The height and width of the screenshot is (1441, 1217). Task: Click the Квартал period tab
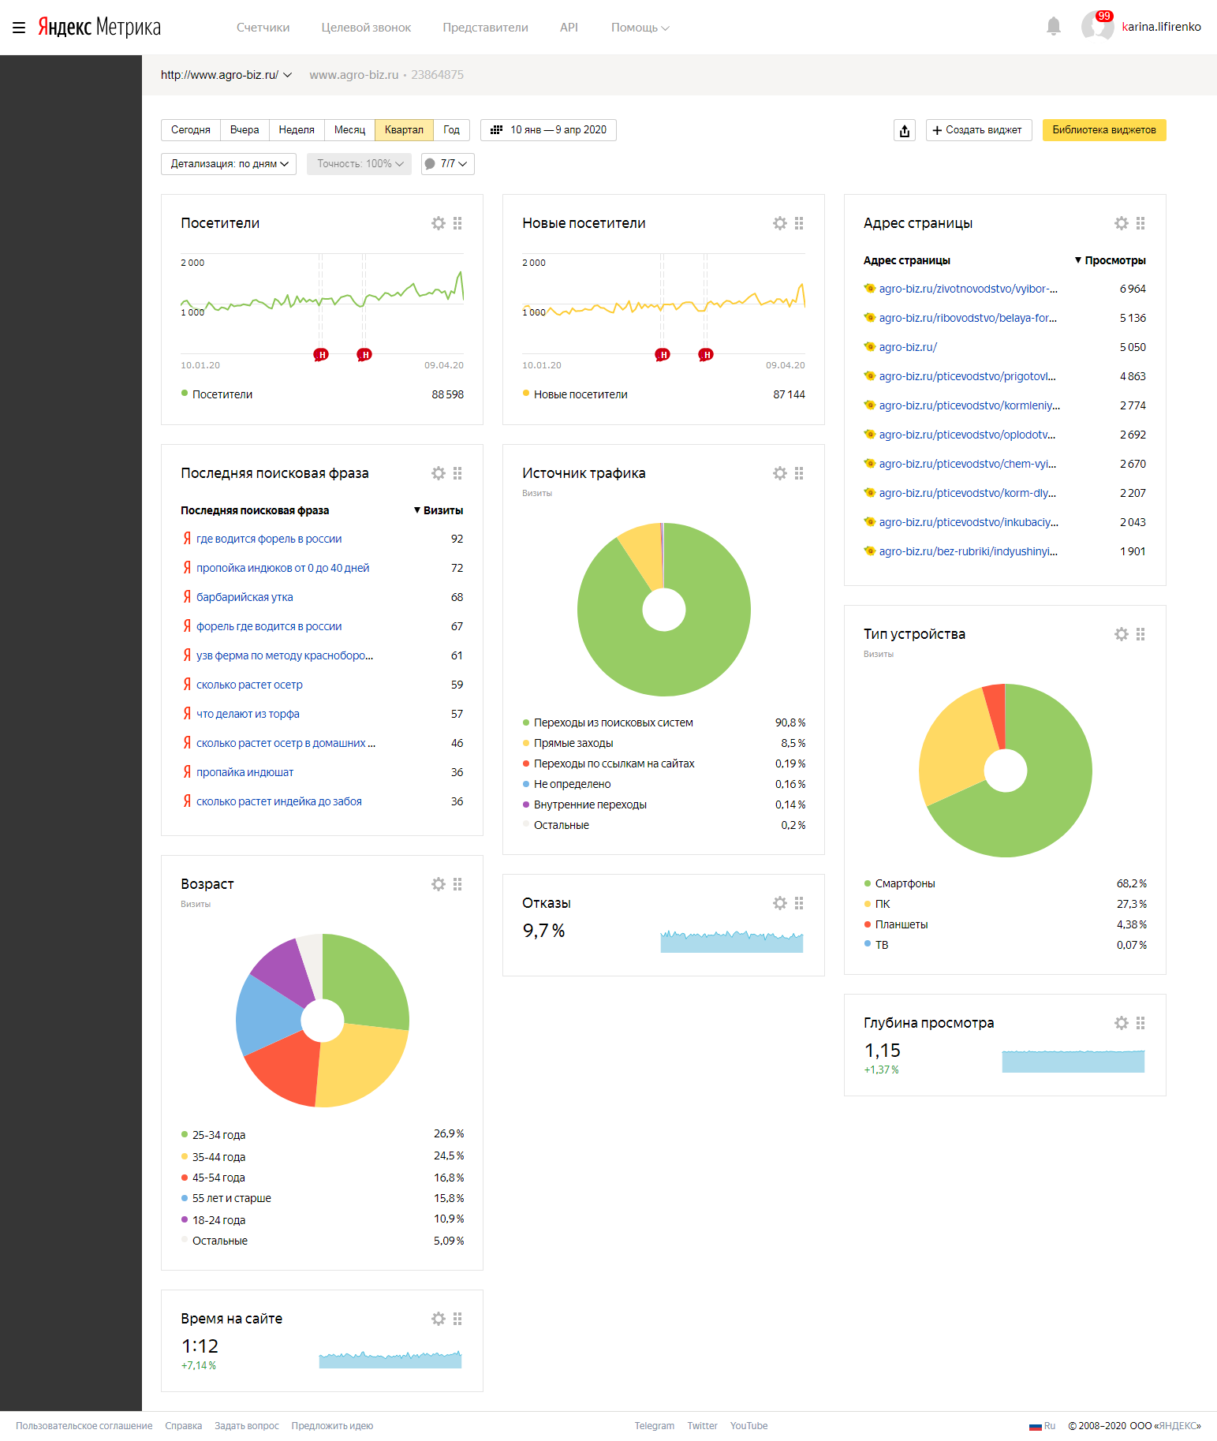tap(404, 130)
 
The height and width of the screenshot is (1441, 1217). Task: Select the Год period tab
tap(451, 130)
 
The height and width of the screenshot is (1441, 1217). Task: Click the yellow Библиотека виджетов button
tap(1103, 130)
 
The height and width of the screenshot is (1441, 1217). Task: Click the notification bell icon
tap(1053, 27)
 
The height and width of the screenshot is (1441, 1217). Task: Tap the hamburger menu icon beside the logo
tap(19, 28)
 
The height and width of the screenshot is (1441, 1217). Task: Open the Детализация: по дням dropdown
tap(229, 164)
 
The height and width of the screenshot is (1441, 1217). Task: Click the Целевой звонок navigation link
tap(366, 28)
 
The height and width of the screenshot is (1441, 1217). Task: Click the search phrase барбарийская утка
tap(245, 597)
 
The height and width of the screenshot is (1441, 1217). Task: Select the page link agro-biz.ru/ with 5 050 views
tap(908, 347)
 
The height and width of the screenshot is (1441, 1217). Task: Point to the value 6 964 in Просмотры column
tap(1133, 289)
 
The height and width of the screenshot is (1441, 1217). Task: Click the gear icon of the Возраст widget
tap(439, 884)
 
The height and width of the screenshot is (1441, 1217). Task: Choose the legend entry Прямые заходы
tap(573, 743)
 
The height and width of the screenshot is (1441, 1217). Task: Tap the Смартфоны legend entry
tap(905, 883)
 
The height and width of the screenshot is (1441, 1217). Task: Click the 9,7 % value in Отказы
tap(543, 931)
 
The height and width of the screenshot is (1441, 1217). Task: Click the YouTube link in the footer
tap(748, 1426)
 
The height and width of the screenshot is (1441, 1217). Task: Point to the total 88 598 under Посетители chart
tap(447, 394)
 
